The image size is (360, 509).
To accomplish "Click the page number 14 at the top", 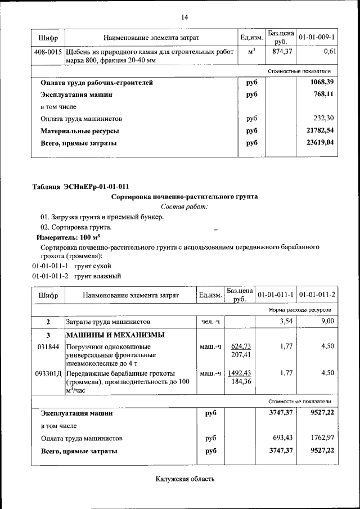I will [x=184, y=17].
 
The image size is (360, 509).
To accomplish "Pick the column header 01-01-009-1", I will [x=317, y=38].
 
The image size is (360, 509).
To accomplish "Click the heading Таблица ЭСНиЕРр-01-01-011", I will [x=84, y=187].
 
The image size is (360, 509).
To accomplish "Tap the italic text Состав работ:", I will [x=184, y=207].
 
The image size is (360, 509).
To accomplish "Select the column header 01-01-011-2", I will [x=317, y=295].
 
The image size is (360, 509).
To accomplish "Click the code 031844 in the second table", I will [x=48, y=346].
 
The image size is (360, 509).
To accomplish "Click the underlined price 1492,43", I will [x=241, y=373].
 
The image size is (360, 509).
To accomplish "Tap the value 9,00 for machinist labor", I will [x=327, y=321].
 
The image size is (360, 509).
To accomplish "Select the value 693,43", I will [x=279, y=438].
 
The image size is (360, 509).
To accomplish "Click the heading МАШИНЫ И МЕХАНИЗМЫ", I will [x=115, y=335].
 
